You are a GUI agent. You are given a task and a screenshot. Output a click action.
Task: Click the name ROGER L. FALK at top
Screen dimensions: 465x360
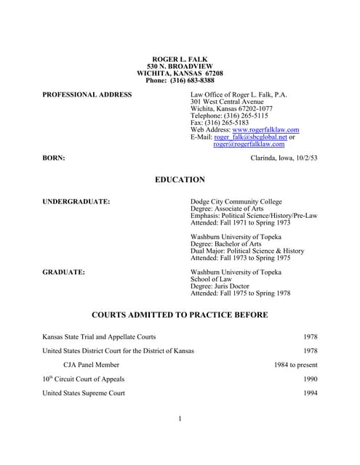[180, 59]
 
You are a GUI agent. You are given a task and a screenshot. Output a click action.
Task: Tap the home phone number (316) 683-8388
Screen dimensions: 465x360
[192, 81]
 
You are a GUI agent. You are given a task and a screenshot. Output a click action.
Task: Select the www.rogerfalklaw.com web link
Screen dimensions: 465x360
[265, 130]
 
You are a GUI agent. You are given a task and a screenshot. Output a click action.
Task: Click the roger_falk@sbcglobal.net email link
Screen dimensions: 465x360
[247, 137]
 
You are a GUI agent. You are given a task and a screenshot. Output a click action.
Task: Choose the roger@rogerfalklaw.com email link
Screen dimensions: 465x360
[249, 144]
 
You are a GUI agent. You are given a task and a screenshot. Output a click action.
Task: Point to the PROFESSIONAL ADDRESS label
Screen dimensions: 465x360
[87, 94]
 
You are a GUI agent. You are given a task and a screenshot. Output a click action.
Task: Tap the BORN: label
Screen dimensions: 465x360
[54, 158]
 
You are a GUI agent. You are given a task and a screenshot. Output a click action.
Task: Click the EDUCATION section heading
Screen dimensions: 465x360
[180, 179]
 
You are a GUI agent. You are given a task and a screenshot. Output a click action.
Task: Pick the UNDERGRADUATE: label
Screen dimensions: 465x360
[76, 201]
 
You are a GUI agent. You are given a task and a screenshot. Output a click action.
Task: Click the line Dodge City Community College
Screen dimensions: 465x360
[236, 201]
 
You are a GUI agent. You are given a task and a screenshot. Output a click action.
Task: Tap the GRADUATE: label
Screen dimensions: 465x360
[64, 272]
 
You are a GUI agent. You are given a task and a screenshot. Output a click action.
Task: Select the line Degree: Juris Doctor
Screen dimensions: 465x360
[223, 286]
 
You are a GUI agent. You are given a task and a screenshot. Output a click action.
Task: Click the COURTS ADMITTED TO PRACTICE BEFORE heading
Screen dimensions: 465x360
[180, 315]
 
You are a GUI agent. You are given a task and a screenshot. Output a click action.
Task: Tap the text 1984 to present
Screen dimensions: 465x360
[296, 365]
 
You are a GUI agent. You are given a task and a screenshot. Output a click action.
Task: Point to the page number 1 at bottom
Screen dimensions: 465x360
[180, 418]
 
